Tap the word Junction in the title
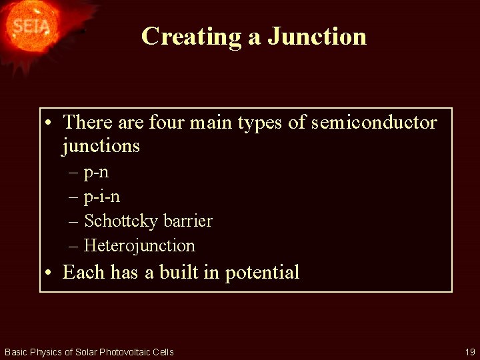tap(317, 36)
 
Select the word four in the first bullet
tap(167, 123)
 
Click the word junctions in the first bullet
tap(101, 145)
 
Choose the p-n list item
tap(97, 173)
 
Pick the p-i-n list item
tap(102, 197)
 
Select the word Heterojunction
tap(139, 245)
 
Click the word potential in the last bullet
tap(262, 273)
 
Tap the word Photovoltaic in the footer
tap(127, 352)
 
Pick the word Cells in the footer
tap(163, 352)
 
